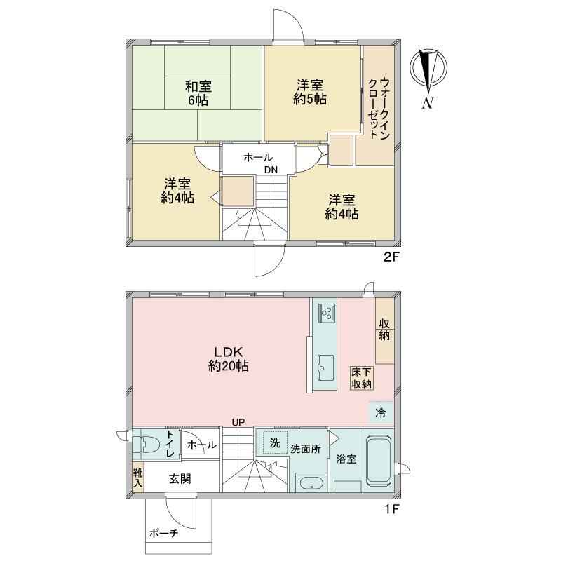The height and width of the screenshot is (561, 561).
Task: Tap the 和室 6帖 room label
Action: tap(198, 93)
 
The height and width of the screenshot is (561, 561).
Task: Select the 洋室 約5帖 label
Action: tap(310, 92)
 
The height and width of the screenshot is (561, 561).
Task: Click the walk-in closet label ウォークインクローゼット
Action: tap(379, 109)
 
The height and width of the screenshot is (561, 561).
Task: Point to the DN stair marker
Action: tap(271, 170)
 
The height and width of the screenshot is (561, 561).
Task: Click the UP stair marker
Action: tap(238, 423)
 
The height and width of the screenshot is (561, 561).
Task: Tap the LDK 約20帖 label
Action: tap(229, 359)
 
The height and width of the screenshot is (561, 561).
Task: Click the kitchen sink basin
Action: tap(325, 368)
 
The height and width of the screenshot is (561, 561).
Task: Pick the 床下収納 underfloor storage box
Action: tap(361, 378)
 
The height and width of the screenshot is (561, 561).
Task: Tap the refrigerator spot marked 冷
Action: tap(381, 413)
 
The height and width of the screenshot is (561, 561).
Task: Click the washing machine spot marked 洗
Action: tap(275, 443)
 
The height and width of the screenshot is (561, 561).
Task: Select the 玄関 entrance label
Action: tap(180, 479)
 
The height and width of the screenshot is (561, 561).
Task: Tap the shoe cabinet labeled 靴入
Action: tap(138, 479)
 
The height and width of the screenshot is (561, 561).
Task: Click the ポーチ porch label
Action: tap(163, 534)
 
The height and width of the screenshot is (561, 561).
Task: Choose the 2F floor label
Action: tap(391, 257)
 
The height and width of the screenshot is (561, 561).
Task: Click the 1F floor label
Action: tap(391, 508)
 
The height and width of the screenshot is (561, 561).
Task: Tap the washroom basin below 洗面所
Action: tap(311, 483)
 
